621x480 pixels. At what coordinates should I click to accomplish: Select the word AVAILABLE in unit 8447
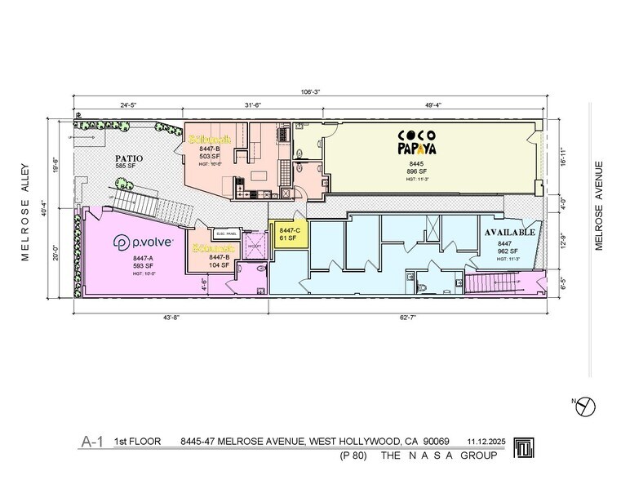[x=510, y=233]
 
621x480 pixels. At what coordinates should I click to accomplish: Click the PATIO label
[x=129, y=158]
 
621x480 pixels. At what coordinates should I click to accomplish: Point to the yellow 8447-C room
[x=290, y=235]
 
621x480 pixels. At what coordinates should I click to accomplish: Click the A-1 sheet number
[x=91, y=442]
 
